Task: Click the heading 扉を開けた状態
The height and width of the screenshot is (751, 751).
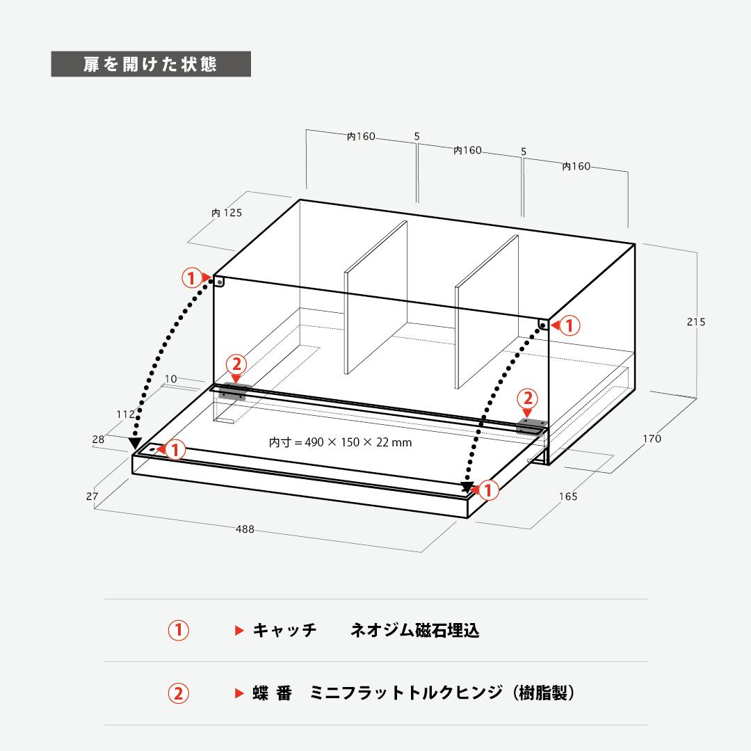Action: (150, 64)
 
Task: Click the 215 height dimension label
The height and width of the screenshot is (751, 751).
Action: (696, 322)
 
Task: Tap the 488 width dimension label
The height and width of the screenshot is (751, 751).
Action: (245, 529)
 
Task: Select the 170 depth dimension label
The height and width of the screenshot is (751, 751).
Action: (652, 439)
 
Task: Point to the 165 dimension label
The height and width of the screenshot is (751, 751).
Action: (568, 496)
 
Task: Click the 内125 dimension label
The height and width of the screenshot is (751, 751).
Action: (227, 213)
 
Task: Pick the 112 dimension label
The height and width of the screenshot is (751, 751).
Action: (126, 414)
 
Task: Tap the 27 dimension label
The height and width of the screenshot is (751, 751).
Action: (92, 496)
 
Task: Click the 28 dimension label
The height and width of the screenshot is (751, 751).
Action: (98, 439)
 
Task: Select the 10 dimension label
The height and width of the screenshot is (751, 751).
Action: (171, 379)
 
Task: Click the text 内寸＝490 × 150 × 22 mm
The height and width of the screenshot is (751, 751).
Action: (341, 442)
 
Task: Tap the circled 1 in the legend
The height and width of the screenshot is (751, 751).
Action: (178, 630)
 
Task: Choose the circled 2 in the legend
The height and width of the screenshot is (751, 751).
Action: (178, 693)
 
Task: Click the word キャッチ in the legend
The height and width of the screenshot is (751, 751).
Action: (284, 630)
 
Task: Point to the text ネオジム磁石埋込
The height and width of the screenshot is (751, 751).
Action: (414, 630)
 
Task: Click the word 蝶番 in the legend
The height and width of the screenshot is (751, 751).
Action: (272, 693)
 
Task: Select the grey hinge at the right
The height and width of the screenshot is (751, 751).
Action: (531, 426)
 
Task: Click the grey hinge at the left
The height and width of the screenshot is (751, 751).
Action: (232, 391)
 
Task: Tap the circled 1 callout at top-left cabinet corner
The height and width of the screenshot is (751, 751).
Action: (192, 277)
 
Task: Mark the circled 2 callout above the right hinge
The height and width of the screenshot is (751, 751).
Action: (528, 398)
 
